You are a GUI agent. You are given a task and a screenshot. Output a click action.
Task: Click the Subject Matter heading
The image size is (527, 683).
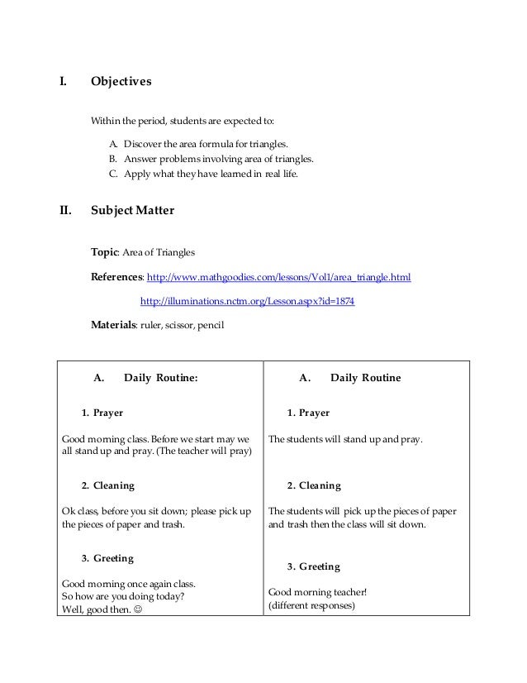[x=131, y=210]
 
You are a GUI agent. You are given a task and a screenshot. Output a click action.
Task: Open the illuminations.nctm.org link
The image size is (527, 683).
[x=248, y=302]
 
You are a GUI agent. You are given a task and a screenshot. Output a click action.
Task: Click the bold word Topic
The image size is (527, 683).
[x=105, y=251]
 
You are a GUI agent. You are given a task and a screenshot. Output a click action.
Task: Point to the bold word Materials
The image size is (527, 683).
[x=112, y=326]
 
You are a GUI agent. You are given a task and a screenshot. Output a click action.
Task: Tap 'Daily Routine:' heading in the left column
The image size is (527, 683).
[x=161, y=378]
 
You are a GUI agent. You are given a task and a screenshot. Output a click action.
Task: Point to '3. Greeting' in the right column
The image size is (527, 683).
[x=313, y=567]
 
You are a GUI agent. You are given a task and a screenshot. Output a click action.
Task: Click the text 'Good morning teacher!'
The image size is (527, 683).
[x=313, y=592]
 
